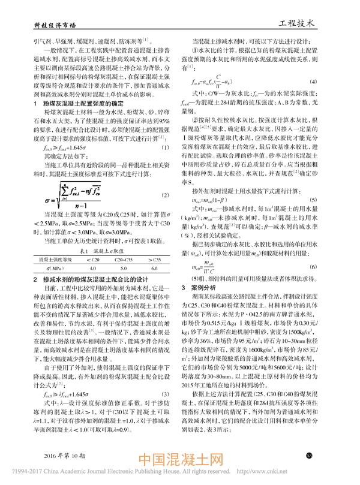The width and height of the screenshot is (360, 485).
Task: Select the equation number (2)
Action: click(x=166, y=196)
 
